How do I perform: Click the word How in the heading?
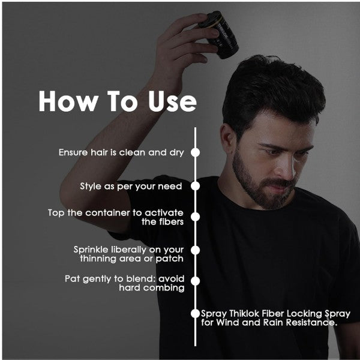pos(68,101)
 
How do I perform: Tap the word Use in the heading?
pos(172,101)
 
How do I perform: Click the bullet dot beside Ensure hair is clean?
pos(196,152)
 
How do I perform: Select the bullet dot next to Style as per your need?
pos(196,186)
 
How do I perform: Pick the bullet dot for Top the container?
pos(196,217)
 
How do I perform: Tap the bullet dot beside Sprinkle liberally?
pos(196,250)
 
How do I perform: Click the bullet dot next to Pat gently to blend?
pos(196,281)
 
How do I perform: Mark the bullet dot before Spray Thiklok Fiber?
pos(196,314)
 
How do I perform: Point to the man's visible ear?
pos(227,138)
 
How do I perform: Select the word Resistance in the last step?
pos(311,323)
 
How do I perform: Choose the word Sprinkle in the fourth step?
pos(91,250)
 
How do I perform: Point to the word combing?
pos(164,288)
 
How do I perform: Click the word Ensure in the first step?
pos(73,152)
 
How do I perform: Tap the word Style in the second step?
pos(91,187)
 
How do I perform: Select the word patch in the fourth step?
pos(170,259)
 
